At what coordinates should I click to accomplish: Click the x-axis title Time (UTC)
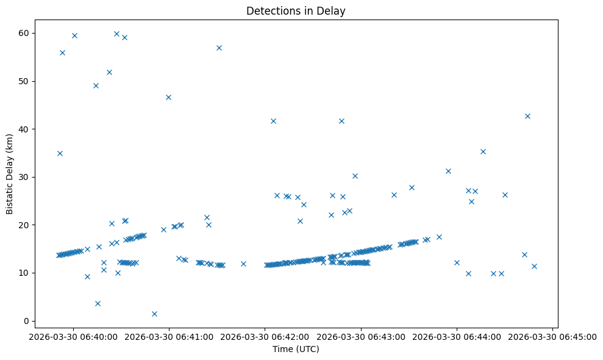click(x=296, y=350)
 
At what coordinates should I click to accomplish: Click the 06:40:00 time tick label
click(x=73, y=336)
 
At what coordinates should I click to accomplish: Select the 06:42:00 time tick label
click(x=265, y=336)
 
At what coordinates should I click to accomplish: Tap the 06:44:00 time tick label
click(x=457, y=336)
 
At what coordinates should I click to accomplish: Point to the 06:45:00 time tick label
click(x=552, y=336)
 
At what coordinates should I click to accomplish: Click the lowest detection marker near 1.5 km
click(x=154, y=314)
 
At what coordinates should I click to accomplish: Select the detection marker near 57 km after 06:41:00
click(x=219, y=48)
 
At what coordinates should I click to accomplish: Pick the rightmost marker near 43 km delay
click(x=527, y=116)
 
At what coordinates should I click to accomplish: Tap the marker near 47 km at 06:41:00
click(x=168, y=97)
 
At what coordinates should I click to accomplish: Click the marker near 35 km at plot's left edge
click(x=60, y=153)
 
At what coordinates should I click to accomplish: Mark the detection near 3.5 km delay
click(x=98, y=303)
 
